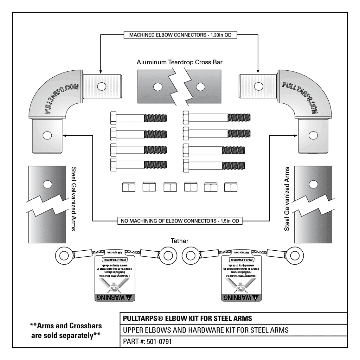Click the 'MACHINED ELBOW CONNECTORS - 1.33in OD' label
[x=180, y=35]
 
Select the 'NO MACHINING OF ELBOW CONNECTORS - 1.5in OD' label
[x=180, y=221]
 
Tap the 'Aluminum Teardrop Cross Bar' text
[x=180, y=62]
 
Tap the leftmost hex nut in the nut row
[x=127, y=187]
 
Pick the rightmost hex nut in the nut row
[x=230, y=187]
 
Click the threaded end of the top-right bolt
[x=239, y=117]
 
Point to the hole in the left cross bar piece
[x=157, y=86]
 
